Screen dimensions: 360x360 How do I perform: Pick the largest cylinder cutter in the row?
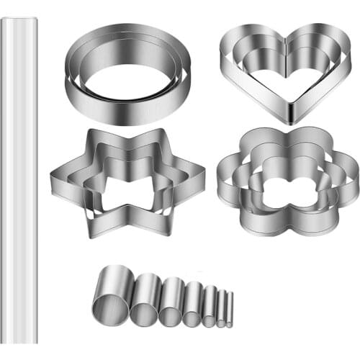(112, 294)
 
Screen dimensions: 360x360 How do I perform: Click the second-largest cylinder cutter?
(147, 297)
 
